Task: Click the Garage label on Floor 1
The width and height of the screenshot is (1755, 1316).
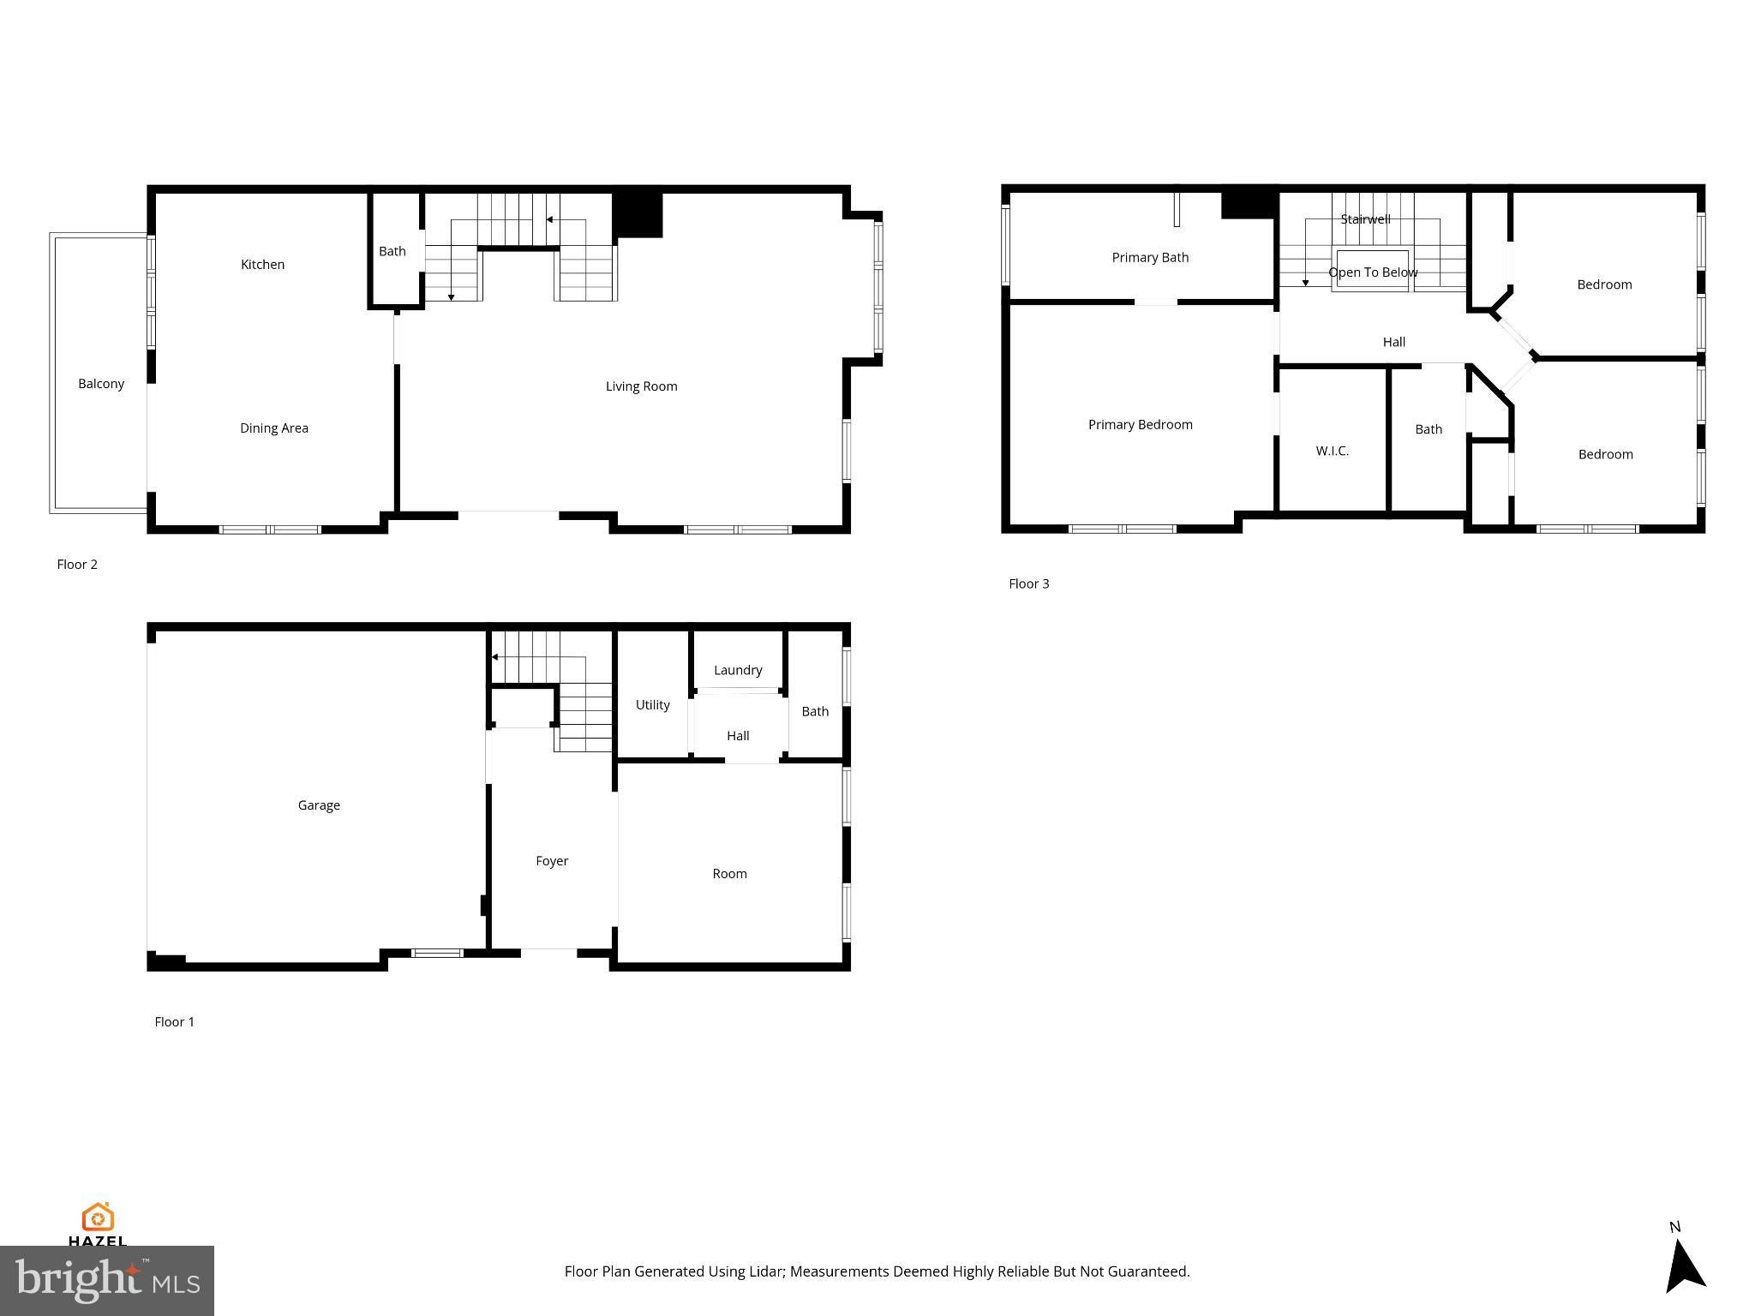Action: coord(319,805)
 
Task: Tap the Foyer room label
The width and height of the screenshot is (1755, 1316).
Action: coord(552,861)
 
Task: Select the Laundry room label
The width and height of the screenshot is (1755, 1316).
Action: coord(738,670)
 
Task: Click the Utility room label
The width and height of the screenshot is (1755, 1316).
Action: coord(652,705)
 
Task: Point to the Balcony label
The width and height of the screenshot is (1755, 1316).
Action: coord(101,384)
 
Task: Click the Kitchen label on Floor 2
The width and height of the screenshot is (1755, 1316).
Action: coord(262,265)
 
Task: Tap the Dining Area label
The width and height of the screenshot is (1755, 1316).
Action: coord(274,428)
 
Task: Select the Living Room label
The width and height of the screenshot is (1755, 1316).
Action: coord(641,386)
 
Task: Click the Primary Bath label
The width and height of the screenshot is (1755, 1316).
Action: coord(1150,258)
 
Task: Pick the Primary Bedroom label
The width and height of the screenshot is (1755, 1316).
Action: coord(1140,425)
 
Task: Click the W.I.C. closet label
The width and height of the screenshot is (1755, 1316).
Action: coord(1332,451)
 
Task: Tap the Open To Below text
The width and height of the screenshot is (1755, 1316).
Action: coord(1373,272)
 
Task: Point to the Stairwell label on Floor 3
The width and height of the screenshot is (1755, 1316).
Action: coord(1365,219)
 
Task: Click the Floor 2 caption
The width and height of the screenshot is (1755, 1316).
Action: coord(77,565)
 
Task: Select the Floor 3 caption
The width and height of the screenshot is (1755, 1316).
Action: coord(1028,584)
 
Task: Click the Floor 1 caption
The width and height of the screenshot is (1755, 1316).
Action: coord(174,1022)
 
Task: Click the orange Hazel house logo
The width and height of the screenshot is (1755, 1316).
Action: coord(98,1217)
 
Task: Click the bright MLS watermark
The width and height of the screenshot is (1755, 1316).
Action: coord(107,1281)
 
